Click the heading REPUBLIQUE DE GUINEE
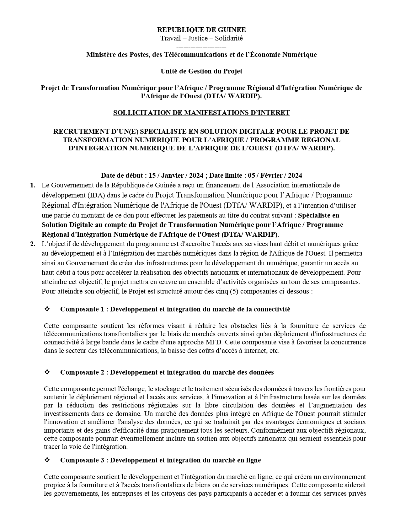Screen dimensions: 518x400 [201, 30]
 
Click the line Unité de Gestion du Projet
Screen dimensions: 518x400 [201, 71]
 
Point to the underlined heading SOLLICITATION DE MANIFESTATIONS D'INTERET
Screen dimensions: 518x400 [201, 113]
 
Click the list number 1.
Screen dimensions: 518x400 [33, 185]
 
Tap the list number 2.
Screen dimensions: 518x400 [33, 244]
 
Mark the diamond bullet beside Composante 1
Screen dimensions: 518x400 [47, 309]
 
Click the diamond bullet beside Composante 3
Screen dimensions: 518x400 [47, 460]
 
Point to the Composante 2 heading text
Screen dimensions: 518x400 [167, 372]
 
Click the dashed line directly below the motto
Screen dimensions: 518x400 [201, 46]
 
